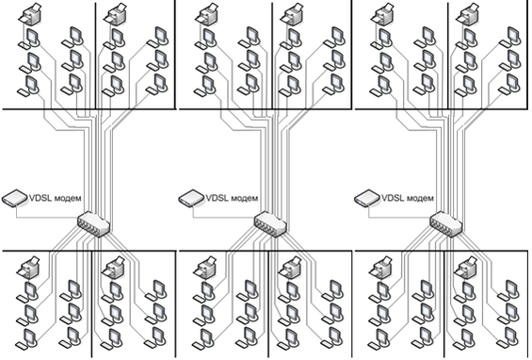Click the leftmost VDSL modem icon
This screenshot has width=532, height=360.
tap(15, 198)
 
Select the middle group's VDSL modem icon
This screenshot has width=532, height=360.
tap(192, 198)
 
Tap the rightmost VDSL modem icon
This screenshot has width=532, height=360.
tap(367, 198)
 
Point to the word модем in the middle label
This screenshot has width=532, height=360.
tap(244, 198)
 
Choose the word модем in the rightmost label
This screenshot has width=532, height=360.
tap(420, 198)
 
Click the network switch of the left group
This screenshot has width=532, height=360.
tap(94, 224)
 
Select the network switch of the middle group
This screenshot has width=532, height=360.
tap(270, 224)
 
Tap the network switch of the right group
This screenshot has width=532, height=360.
tap(446, 224)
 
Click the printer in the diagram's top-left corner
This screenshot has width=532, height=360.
tap(31, 14)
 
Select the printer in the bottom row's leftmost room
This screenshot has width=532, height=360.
tap(28, 268)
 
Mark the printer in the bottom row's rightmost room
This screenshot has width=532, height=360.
tap(466, 268)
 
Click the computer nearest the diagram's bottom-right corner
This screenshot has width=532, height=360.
tap(508, 338)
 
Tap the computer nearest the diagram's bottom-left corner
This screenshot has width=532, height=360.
tap(27, 339)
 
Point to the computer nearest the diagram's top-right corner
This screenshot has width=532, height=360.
tap(510, 37)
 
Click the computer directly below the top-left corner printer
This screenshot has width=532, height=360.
tap(29, 39)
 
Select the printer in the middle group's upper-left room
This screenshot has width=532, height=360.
tap(207, 14)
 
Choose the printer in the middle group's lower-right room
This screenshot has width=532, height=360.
tap(290, 268)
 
